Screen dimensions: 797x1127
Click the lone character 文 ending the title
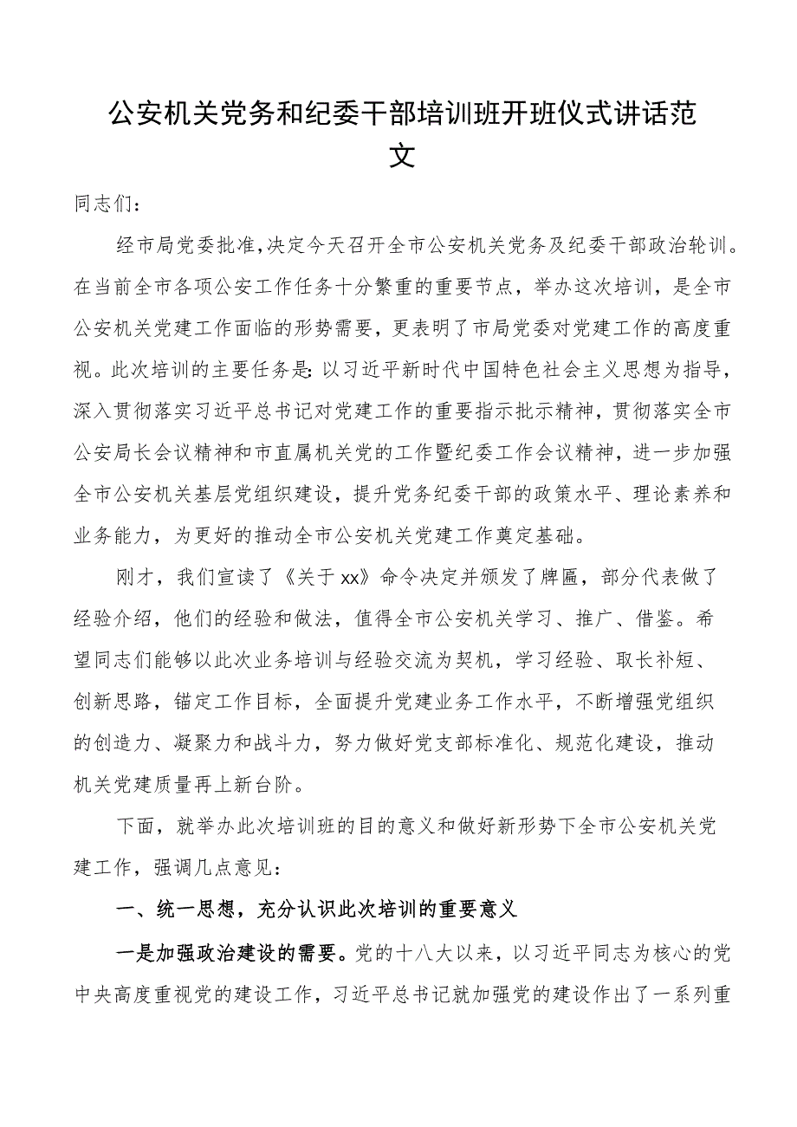click(x=399, y=157)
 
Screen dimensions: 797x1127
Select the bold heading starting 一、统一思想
click(x=317, y=906)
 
